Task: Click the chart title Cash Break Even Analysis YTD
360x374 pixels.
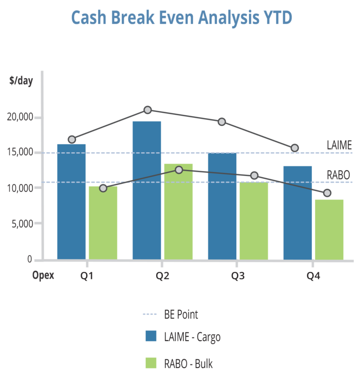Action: point(181,18)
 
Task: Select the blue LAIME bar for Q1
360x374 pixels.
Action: point(71,202)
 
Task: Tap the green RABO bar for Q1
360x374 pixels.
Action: point(103,223)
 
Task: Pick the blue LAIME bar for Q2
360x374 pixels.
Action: point(147,190)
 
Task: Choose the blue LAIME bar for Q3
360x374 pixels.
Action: point(222,206)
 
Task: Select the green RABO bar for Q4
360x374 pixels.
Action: point(329,229)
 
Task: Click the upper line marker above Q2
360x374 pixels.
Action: point(148,110)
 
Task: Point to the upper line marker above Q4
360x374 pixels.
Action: point(295,148)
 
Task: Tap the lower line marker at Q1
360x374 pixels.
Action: point(103,188)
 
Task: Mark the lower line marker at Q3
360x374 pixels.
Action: point(254,175)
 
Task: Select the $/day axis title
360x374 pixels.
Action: point(21,81)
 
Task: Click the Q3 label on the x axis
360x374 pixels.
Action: point(238,276)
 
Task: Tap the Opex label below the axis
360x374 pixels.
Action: point(43,276)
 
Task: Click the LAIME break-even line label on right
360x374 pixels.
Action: point(339,145)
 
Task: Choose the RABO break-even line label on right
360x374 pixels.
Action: point(339,175)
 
